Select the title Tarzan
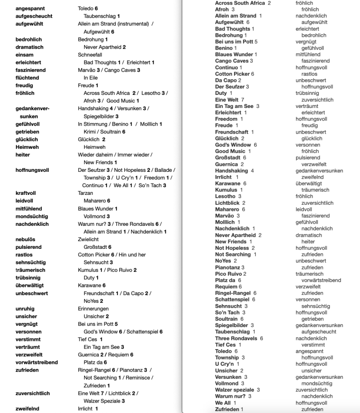click(85, 193)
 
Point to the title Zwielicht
click(88, 240)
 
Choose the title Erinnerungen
click(93, 309)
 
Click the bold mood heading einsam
click(25, 54)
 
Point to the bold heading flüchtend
click(27, 78)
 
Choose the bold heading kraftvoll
click(26, 193)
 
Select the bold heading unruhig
click(25, 309)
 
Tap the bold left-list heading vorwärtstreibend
click(36, 363)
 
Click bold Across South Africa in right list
click(240, 3)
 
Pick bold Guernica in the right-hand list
click(226, 165)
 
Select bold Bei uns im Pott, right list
click(234, 42)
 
